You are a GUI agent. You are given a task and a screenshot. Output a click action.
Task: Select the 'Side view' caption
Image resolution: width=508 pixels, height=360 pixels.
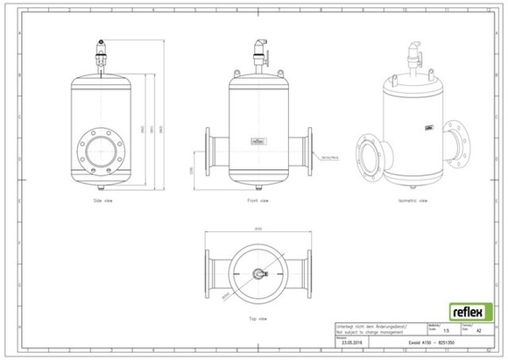[103, 201]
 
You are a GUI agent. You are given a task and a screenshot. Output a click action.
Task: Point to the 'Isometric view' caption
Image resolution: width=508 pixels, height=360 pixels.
[411, 201]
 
